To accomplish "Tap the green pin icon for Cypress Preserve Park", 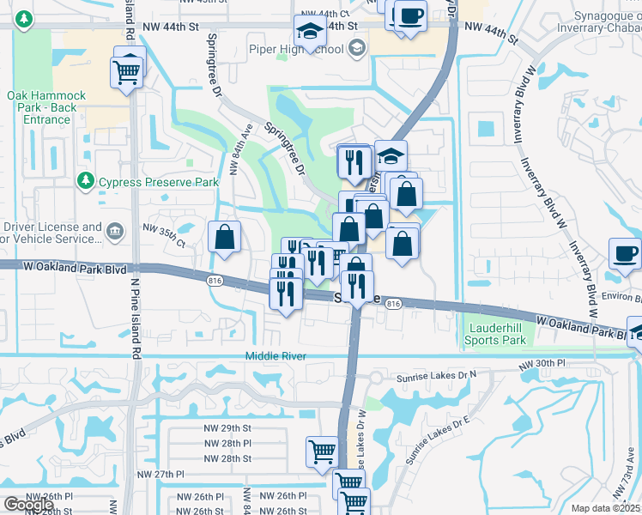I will pos(85,180).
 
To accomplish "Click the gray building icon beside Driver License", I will pos(114,230).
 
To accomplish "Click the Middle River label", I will pos(276,356).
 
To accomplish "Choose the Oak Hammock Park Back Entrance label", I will pos(40,107).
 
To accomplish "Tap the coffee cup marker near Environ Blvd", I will pos(625,253).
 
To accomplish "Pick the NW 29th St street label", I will pos(227,427).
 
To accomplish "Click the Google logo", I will pos(28,504).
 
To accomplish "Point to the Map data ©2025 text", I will pos(605,508).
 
